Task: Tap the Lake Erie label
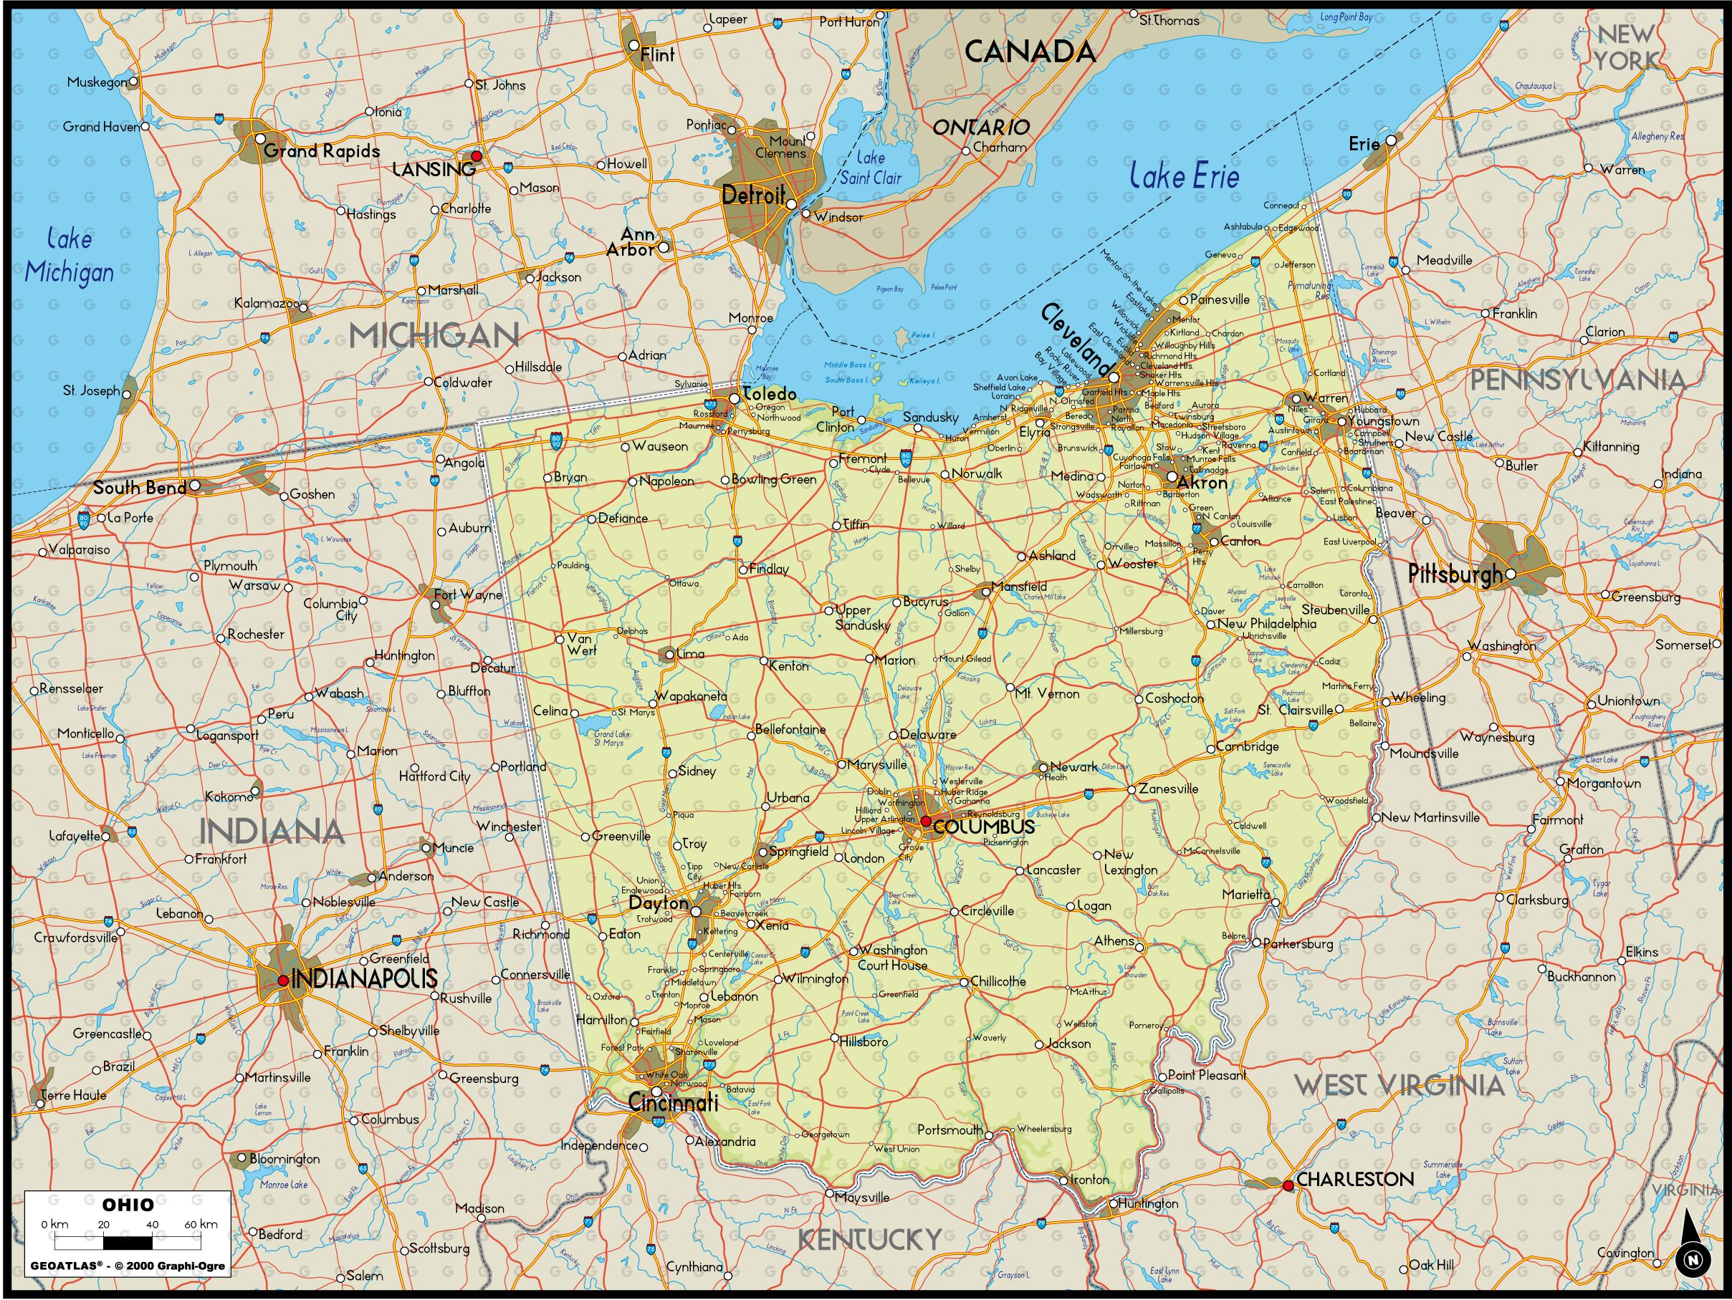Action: [1184, 176]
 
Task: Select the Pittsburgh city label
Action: [1455, 574]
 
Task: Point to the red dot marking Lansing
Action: [476, 157]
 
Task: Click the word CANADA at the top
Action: [1030, 52]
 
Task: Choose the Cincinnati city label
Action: [673, 1103]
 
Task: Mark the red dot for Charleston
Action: [1288, 1185]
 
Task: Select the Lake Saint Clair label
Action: [870, 168]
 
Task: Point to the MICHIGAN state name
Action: [434, 336]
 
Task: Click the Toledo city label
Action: [769, 394]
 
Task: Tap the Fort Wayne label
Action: [467, 594]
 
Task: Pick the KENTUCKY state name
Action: [869, 1239]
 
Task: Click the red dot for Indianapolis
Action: [282, 980]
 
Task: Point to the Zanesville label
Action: [1168, 789]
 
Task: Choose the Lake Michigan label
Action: [69, 256]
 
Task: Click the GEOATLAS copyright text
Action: [128, 1266]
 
